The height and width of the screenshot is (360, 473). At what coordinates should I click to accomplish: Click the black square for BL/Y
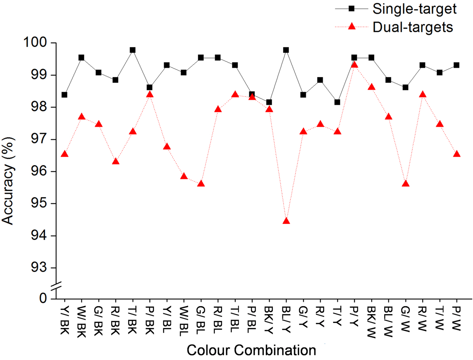click(286, 50)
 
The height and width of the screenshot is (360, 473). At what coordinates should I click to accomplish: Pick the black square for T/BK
click(133, 50)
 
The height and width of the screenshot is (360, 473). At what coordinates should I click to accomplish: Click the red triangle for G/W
click(406, 184)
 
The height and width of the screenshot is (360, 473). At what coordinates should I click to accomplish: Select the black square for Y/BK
click(64, 95)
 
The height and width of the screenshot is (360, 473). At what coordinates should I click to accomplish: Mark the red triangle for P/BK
click(150, 95)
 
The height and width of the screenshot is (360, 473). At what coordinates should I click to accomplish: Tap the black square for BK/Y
click(269, 102)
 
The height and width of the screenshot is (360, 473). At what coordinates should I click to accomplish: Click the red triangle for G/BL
click(201, 184)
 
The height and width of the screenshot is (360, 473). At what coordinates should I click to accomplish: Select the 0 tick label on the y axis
click(43, 298)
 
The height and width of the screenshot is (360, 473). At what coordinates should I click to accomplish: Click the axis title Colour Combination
click(251, 350)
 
